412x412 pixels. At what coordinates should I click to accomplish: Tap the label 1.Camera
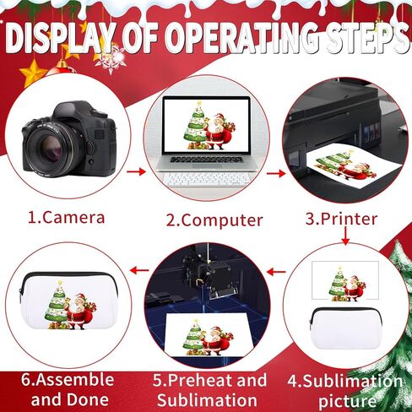pos(67,217)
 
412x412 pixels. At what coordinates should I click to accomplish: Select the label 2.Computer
pos(214,220)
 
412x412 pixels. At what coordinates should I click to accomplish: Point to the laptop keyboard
pos(208,178)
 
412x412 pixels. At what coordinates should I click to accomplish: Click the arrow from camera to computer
pos(135,172)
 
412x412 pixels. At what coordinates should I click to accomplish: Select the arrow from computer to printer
pos(274,172)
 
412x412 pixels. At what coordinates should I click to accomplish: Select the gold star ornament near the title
pos(33,71)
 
